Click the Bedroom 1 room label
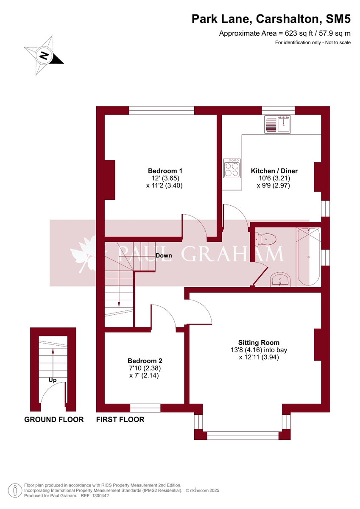tap(165, 171)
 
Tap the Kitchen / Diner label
tap(274, 171)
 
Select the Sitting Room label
tap(259, 342)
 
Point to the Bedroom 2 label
tap(145, 361)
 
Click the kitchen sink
tap(277, 124)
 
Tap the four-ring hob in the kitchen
tap(232, 168)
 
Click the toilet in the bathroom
tap(266, 240)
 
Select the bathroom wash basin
tap(280, 280)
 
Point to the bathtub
tap(308, 257)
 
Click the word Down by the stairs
tap(164, 255)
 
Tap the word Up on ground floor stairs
tap(53, 380)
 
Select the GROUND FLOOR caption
tap(54, 420)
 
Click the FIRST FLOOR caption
tap(120, 420)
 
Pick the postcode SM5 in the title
tap(338, 19)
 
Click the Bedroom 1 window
tap(162, 110)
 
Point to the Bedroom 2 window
tap(145, 408)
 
